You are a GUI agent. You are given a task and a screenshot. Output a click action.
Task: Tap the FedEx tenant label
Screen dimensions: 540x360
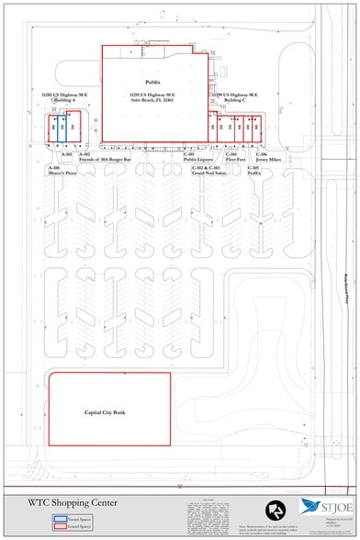click(x=253, y=171)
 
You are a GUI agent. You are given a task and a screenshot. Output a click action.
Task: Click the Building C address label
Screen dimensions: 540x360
click(x=233, y=97)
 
